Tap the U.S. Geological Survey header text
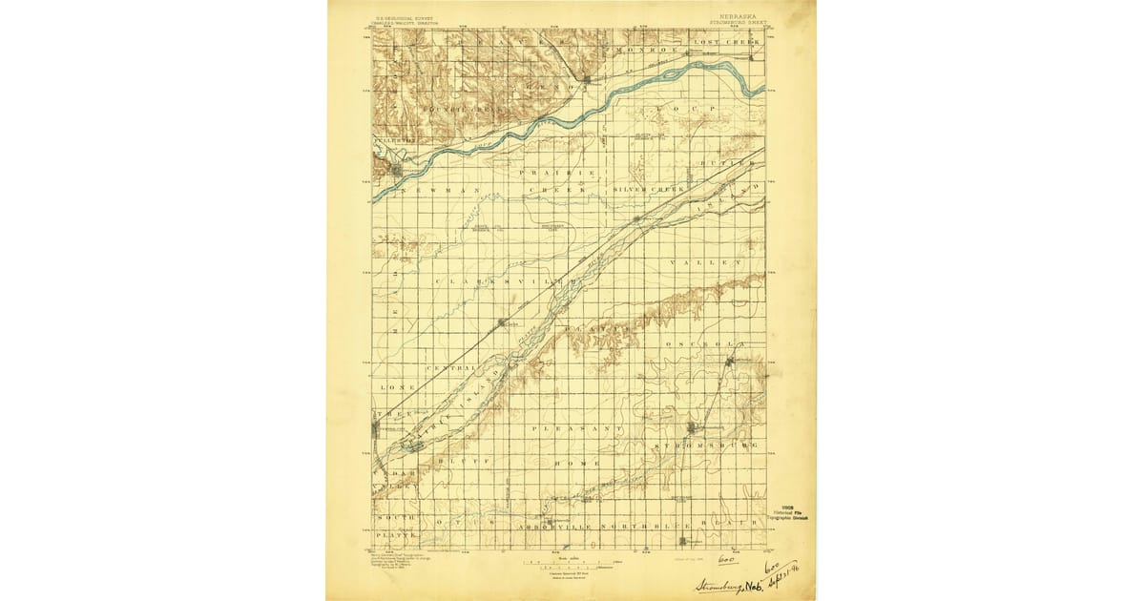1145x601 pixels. pos(402,17)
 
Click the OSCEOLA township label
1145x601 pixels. pos(704,343)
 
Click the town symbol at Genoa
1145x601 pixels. pos(591,78)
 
